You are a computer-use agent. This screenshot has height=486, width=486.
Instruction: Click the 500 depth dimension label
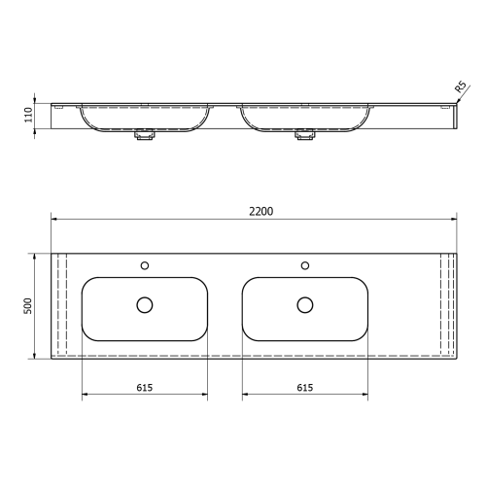(x=29, y=305)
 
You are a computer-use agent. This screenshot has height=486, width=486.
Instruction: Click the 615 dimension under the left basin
(x=145, y=387)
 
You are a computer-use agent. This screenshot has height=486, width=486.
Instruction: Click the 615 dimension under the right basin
(x=304, y=387)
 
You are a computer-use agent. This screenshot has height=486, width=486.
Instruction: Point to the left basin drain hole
(x=145, y=305)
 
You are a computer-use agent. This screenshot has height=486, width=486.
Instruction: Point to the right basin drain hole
(x=305, y=305)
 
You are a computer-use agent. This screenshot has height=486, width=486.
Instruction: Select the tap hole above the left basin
(x=145, y=263)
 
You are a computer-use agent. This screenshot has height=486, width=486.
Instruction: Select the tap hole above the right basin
(x=305, y=263)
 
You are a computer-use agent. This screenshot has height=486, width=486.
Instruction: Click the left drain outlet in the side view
(x=145, y=138)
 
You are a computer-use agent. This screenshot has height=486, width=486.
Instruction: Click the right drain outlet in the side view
(x=305, y=138)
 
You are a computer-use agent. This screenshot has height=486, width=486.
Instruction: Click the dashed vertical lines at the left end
(x=61, y=305)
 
